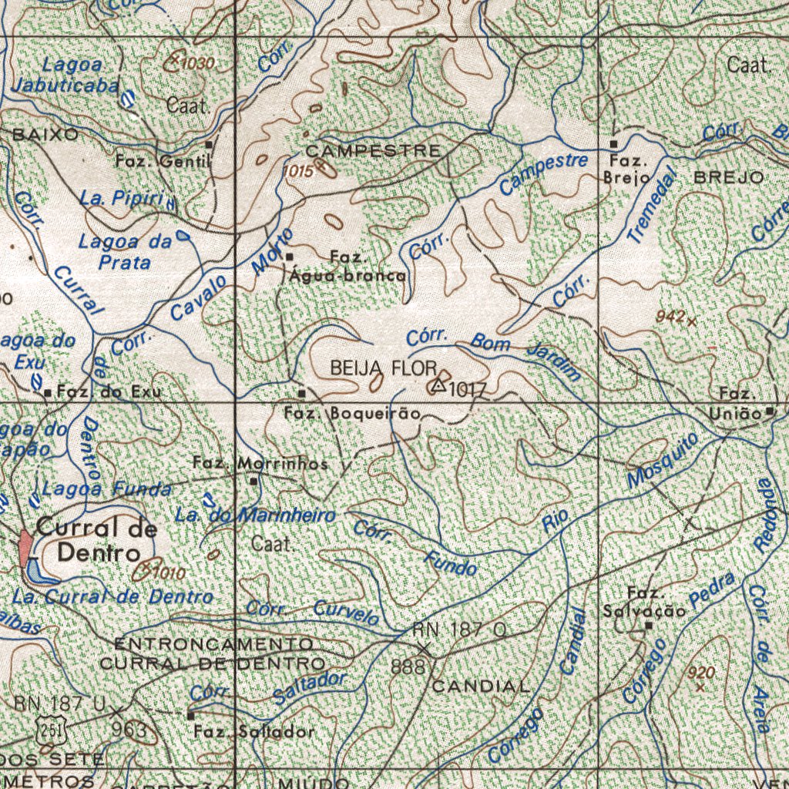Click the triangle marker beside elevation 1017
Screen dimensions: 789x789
pyautogui.click(x=438, y=384)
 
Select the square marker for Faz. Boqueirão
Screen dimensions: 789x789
pyautogui.click(x=302, y=394)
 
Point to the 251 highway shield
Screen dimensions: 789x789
pyautogui.click(x=51, y=729)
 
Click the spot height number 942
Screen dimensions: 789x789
pyautogui.click(x=670, y=317)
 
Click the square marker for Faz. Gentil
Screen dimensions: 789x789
pyautogui.click(x=208, y=144)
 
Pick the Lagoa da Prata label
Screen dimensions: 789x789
pyautogui.click(x=125, y=252)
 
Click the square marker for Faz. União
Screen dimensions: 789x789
pyautogui.click(x=770, y=412)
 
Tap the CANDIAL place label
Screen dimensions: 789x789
pyautogui.click(x=481, y=686)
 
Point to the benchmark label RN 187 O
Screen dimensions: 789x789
pyautogui.click(x=459, y=630)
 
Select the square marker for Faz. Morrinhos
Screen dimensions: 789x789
pyautogui.click(x=254, y=481)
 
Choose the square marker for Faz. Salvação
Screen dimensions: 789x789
pyautogui.click(x=649, y=626)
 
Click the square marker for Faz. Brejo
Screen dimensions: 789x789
pyautogui.click(x=613, y=144)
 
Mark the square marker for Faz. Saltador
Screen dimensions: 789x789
pyautogui.click(x=190, y=715)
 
